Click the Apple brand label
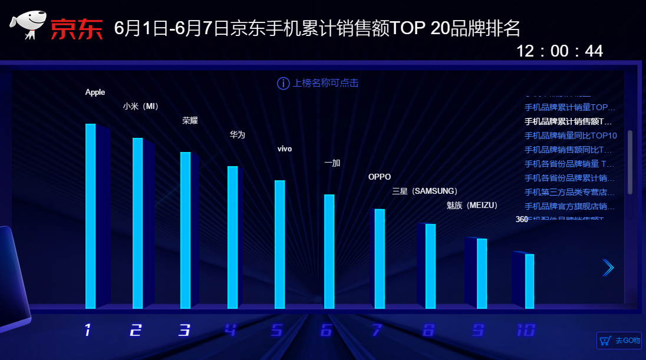tap(95, 92)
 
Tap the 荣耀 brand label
tap(190, 121)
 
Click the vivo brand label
tap(285, 149)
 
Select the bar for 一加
tap(329, 251)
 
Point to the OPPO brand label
tap(380, 177)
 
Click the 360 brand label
tap(522, 219)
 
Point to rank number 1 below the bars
tap(88, 331)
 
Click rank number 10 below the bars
tap(525, 331)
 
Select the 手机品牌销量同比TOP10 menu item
tap(571, 136)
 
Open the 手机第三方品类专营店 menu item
tap(569, 192)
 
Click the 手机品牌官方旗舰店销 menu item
tap(569, 206)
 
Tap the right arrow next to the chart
tap(608, 268)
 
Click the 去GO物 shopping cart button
tap(618, 341)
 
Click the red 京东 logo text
tap(77, 29)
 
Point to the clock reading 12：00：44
tap(559, 51)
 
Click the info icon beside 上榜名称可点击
tap(283, 84)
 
